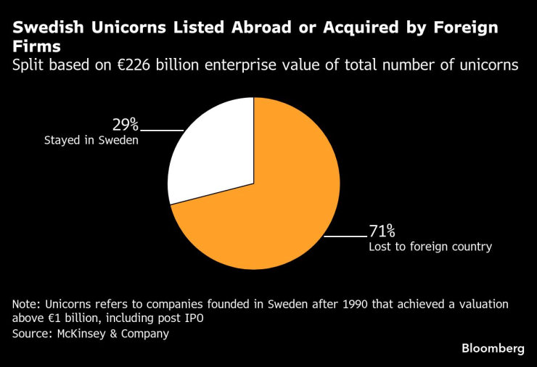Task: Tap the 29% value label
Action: click(126, 124)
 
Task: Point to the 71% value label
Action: click(382, 231)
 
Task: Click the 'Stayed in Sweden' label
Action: click(91, 141)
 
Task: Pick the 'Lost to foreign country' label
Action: click(430, 247)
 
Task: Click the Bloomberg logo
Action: click(493, 349)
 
